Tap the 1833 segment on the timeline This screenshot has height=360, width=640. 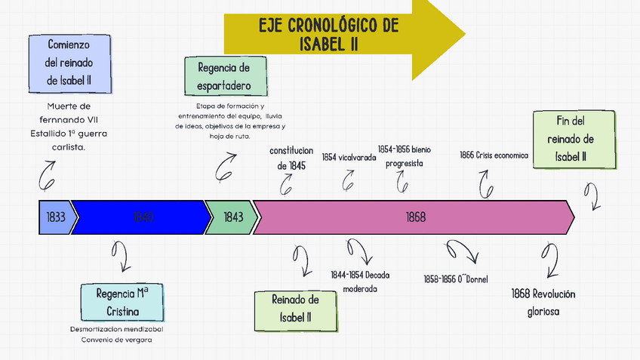[x=55, y=217]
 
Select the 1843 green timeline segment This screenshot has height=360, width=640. [x=232, y=217]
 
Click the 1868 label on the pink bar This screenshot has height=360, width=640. [x=416, y=217]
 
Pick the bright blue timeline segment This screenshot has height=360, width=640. [x=141, y=217]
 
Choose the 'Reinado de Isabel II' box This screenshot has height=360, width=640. [x=295, y=309]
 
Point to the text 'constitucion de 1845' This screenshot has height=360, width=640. [x=291, y=158]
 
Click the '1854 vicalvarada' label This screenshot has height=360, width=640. [x=348, y=156]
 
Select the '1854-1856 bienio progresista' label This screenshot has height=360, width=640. [x=404, y=156]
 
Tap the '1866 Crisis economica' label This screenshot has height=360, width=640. [x=494, y=155]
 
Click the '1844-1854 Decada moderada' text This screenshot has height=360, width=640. [x=360, y=281]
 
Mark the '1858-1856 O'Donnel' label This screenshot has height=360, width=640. [x=456, y=279]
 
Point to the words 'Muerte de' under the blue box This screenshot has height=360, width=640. [x=68, y=106]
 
